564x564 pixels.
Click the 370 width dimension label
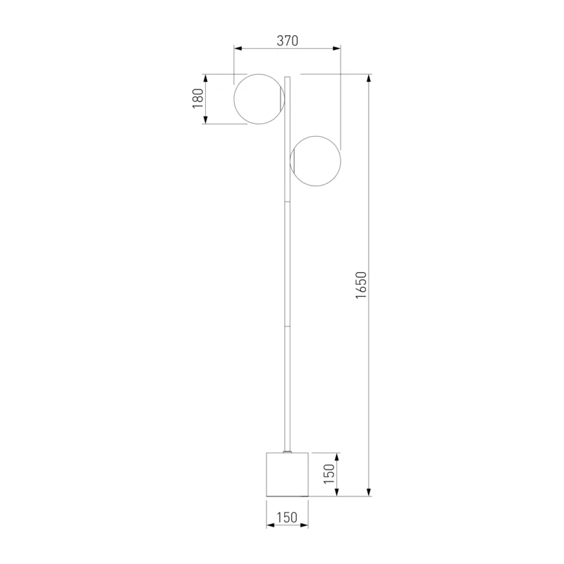[288, 41]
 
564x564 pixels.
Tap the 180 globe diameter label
[198, 98]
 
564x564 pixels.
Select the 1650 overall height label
[361, 285]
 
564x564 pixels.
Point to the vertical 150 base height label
[329, 474]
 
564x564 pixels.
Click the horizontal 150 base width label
[287, 517]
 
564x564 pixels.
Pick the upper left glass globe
[234, 99]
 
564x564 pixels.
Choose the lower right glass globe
[341, 161]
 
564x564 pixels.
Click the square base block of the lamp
[288, 474]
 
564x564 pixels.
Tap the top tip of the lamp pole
[288, 77]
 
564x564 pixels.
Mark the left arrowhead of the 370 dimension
[238, 48]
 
